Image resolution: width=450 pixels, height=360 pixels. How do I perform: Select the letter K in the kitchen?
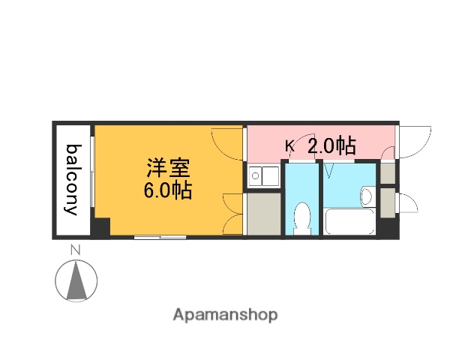(289, 146)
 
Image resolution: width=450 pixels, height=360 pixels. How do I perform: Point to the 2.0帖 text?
(331, 145)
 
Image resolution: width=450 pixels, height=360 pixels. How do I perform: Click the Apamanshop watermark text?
(225, 315)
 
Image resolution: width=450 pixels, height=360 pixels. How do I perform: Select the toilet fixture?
(302, 217)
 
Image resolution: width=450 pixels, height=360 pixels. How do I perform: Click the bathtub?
(349, 222)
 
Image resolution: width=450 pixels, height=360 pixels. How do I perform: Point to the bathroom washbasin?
(366, 196)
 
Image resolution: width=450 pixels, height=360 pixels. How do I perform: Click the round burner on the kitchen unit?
(255, 178)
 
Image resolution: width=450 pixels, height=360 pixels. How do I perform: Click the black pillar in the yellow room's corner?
(100, 226)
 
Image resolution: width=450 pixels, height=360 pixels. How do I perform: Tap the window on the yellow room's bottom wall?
(159, 238)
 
